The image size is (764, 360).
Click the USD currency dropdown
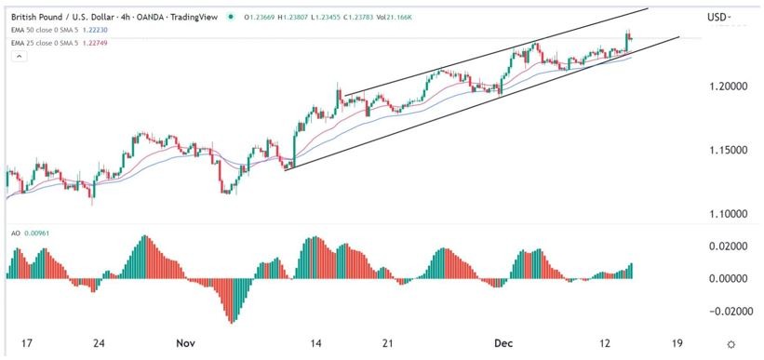pos(718,17)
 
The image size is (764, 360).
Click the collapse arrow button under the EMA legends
pos(17,57)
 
